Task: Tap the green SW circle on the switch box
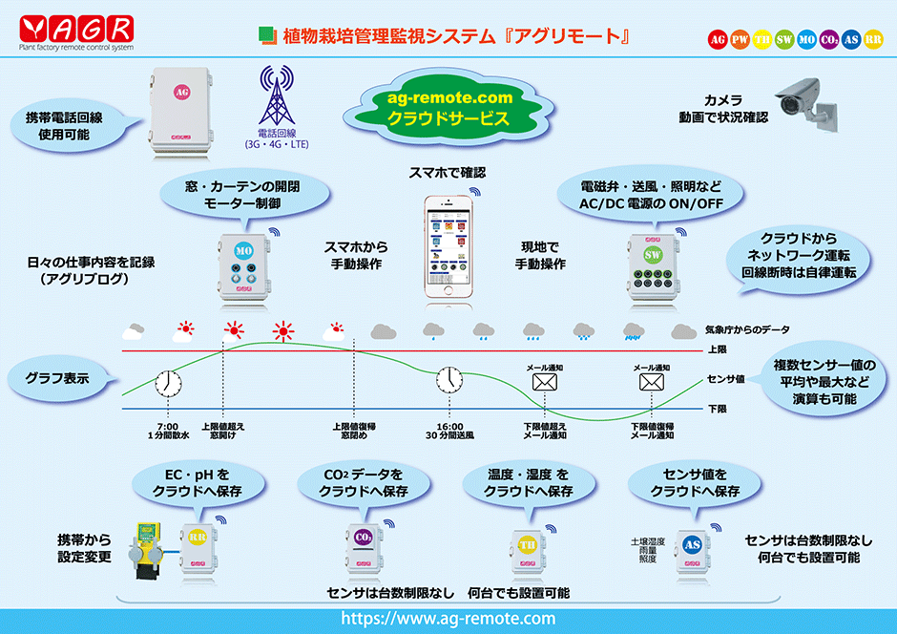pyautogui.click(x=653, y=256)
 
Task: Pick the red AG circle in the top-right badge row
pyautogui.click(x=718, y=39)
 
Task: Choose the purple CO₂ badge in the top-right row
pyautogui.click(x=828, y=39)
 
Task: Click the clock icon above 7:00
pyautogui.click(x=168, y=383)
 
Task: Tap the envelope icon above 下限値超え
pyautogui.click(x=545, y=383)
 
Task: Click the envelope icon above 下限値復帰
pyautogui.click(x=652, y=383)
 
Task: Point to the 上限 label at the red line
pyautogui.click(x=716, y=350)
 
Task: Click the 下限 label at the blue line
pyautogui.click(x=716, y=409)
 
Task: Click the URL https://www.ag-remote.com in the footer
pyautogui.click(x=448, y=619)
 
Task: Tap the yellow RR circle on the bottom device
pyautogui.click(x=198, y=539)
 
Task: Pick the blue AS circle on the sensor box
pyautogui.click(x=692, y=544)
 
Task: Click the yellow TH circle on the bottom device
pyautogui.click(x=527, y=545)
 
